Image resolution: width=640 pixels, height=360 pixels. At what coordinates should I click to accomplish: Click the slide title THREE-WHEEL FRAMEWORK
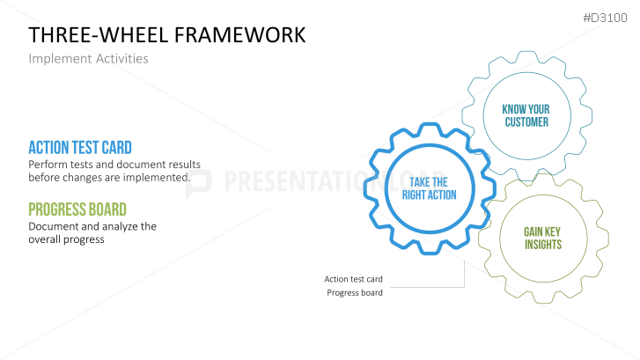point(167,35)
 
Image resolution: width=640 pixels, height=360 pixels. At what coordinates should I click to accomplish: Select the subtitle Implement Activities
point(88,59)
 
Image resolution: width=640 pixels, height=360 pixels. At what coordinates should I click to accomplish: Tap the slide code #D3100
point(605,18)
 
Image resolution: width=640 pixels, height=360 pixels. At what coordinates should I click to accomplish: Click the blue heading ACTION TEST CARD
point(80,148)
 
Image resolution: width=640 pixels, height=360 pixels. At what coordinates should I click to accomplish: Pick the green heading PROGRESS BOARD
point(77,209)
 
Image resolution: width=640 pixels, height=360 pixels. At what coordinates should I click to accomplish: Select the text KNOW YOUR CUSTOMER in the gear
point(526,115)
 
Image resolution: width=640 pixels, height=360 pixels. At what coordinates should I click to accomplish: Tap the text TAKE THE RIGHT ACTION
point(429,188)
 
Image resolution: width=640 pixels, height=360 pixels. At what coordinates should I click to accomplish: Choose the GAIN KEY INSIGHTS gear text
point(543,238)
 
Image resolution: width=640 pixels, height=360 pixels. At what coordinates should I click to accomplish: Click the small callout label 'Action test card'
point(354,279)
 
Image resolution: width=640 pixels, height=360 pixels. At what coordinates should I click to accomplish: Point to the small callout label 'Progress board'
point(355,292)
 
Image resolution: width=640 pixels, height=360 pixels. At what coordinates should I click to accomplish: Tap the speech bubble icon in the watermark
point(199,185)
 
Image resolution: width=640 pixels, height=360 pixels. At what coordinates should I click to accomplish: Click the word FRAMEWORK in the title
point(240,35)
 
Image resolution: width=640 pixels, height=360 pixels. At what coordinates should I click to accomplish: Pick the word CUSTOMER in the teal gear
point(526,122)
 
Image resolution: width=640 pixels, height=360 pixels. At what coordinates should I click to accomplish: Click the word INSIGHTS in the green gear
point(543,245)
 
